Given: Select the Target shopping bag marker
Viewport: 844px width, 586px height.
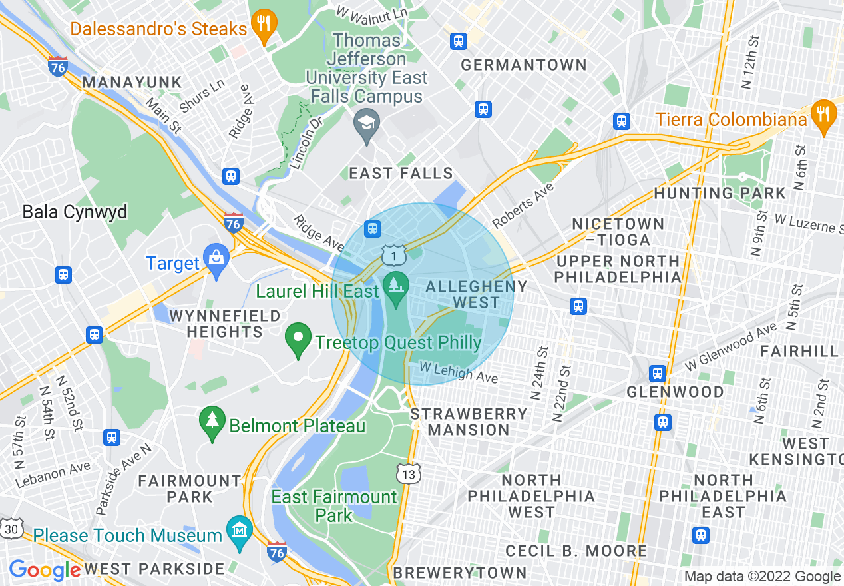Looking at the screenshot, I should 217,258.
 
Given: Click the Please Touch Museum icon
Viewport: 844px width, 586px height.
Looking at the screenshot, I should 240,530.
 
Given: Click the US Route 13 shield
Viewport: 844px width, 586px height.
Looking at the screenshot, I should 409,473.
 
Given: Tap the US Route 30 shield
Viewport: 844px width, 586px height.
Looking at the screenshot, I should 11,528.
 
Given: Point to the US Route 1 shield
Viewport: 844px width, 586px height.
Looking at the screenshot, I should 394,254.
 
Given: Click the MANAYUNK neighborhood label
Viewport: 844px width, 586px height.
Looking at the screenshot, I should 132,83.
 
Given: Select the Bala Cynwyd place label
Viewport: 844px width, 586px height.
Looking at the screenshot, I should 75,212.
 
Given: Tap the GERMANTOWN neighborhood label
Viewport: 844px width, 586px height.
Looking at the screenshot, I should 524,65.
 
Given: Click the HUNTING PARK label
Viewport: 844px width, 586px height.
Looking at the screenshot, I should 720,194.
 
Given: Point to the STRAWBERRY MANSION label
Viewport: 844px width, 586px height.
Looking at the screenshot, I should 469,422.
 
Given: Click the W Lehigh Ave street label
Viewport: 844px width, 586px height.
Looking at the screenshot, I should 459,372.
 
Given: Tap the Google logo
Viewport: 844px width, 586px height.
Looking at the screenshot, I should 45,570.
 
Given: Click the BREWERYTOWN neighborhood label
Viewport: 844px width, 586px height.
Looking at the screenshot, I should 460,573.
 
